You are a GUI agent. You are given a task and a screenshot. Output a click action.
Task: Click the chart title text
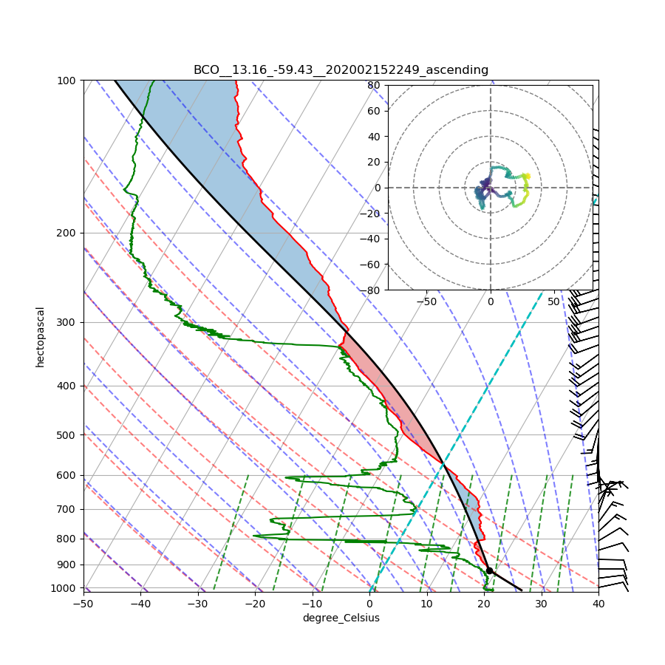point(341,70)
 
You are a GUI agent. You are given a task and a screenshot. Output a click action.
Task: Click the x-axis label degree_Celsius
point(341,618)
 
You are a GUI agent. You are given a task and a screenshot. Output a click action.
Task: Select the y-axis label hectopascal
point(41,336)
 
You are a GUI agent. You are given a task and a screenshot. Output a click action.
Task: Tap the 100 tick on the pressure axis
point(69,80)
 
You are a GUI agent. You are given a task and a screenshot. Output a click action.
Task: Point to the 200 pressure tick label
point(69,233)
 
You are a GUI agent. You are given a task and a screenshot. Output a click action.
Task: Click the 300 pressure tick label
point(69,322)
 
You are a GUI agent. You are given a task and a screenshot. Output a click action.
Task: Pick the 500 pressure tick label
point(69,434)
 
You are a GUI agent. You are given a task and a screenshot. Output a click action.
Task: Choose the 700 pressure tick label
point(69,509)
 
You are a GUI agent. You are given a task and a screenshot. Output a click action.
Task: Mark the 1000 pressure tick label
point(66,588)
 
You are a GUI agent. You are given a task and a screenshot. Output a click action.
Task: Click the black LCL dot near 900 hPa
point(489,570)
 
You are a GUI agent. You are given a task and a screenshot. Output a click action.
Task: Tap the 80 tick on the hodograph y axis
point(374,85)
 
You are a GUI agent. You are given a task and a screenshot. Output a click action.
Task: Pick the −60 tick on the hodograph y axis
point(371,265)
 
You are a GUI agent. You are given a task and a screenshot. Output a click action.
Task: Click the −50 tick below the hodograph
point(426,301)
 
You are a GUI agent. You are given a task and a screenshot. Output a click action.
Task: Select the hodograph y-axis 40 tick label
point(374,137)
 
